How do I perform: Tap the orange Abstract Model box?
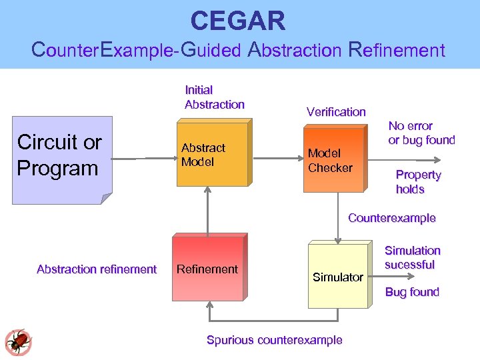(x=210, y=155)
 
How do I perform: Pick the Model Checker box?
(x=334, y=160)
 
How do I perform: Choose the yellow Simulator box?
(x=337, y=276)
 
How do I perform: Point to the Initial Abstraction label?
(x=214, y=97)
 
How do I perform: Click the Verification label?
(x=336, y=112)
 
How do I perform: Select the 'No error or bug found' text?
(x=421, y=133)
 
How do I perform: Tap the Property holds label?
(x=418, y=182)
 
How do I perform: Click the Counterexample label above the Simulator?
(x=391, y=218)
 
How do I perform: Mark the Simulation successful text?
(x=412, y=257)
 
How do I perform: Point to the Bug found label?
(x=412, y=292)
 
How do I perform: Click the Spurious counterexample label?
(x=274, y=340)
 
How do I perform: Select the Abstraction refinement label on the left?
(x=97, y=269)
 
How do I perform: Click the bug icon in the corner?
(x=18, y=341)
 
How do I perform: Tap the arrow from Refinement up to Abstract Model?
(x=209, y=210)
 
